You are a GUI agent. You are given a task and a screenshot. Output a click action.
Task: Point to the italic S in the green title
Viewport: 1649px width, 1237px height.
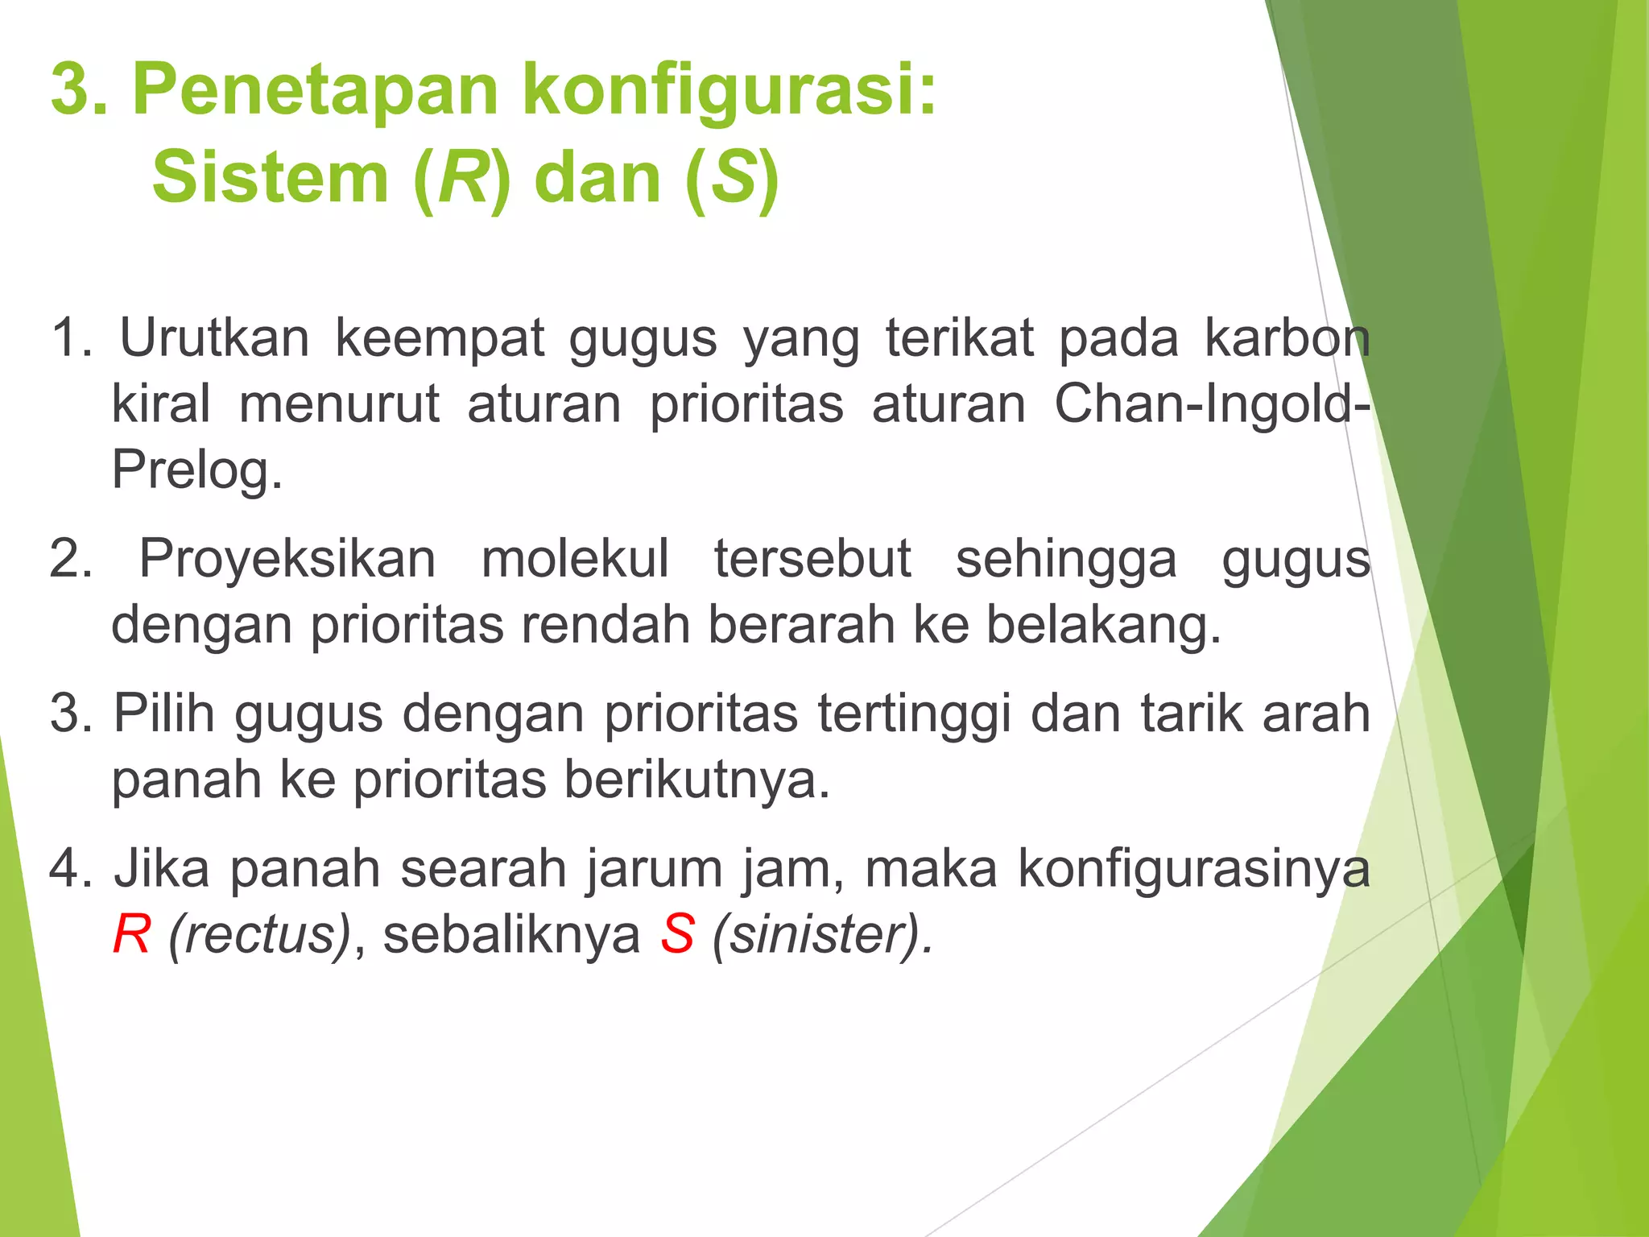(x=734, y=179)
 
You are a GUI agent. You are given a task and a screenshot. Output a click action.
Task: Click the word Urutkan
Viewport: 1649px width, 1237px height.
(x=214, y=338)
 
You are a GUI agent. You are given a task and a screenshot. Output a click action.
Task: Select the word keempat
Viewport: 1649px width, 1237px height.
(x=439, y=338)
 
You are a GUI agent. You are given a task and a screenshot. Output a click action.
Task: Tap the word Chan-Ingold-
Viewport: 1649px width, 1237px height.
(x=1212, y=404)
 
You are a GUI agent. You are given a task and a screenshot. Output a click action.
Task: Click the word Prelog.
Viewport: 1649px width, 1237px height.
(x=197, y=470)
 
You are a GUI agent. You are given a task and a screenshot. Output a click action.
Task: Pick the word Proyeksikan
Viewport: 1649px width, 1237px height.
(x=287, y=559)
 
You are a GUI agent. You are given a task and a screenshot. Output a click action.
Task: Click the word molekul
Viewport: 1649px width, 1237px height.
(x=575, y=559)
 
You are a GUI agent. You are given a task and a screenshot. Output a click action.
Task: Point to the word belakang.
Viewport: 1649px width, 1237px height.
(x=1104, y=626)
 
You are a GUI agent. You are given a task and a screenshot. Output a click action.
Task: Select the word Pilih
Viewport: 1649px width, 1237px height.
(x=164, y=714)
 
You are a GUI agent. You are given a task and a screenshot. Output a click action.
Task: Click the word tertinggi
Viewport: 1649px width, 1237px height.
(x=914, y=714)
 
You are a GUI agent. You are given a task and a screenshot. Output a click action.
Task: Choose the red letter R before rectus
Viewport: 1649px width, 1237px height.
(x=131, y=936)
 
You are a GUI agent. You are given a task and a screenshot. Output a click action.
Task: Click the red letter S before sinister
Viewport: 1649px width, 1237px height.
(x=677, y=936)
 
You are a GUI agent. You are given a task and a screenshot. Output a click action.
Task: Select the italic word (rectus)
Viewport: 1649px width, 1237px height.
(x=259, y=936)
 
